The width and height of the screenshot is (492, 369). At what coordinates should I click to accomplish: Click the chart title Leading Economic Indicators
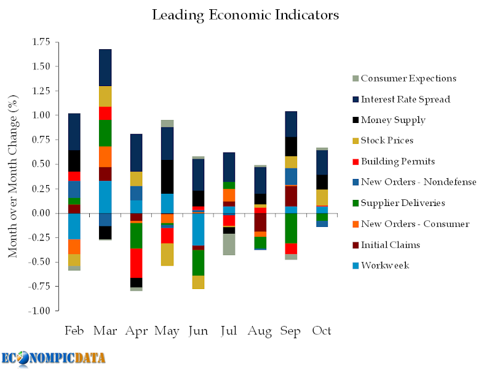pos(245,14)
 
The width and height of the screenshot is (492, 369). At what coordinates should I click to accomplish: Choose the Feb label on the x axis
pos(74,331)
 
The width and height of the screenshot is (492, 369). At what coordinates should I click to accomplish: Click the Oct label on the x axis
pos(322,331)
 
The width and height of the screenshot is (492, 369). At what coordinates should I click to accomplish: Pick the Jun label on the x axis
pos(198,331)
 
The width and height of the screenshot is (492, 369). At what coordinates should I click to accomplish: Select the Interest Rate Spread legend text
pos(405,99)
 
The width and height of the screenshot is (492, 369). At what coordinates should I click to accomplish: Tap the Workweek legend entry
pos(385,265)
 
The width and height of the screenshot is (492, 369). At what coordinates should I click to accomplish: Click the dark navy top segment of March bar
pos(105,68)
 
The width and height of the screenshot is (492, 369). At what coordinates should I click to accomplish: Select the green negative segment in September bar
pos(290,228)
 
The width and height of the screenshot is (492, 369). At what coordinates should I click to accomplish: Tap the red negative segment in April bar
pos(136,263)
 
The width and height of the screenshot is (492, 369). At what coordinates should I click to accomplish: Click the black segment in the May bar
pos(167,177)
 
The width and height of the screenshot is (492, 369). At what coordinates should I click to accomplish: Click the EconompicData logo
pos(54,358)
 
